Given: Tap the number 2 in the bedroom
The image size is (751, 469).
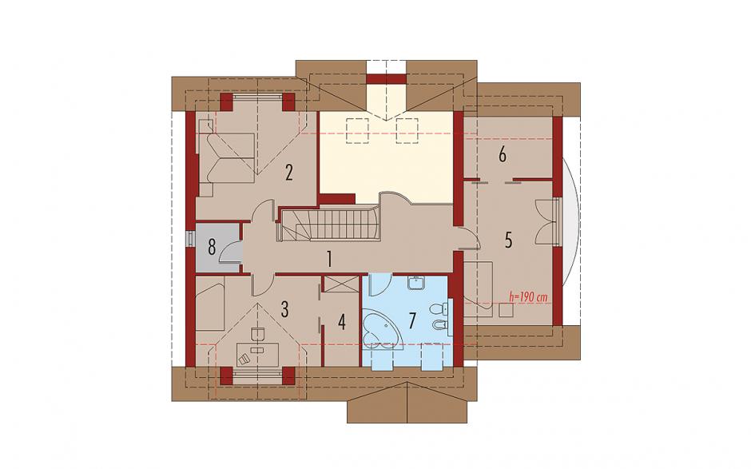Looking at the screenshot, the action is point(288,173).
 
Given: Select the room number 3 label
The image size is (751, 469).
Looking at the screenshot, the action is point(284,309).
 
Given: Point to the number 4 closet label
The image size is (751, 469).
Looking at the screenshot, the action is point(341,322).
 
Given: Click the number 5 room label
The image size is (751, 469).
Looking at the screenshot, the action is point(508,240).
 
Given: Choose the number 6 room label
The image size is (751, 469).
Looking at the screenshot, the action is point(502,155).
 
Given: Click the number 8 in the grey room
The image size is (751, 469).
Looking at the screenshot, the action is point(213,248).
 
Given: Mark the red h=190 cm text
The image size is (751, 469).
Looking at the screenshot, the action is point(529,297).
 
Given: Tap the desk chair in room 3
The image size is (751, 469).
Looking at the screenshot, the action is point(244,359).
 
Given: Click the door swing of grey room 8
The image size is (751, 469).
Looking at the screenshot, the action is point(229,251).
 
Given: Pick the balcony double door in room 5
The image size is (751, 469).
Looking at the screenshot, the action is point(546,223).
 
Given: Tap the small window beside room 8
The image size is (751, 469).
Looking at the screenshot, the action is point(191,238).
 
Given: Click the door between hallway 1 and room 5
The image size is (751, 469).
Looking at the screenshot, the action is point(468,238).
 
